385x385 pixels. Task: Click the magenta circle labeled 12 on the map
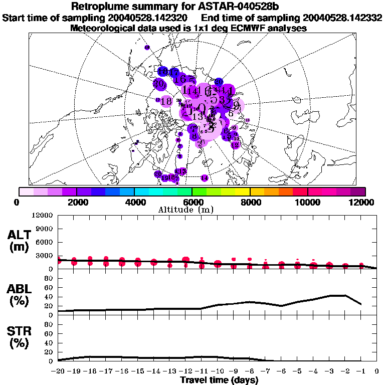(235, 144)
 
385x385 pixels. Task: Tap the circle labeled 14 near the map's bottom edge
(204, 178)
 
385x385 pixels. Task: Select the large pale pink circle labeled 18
(166, 101)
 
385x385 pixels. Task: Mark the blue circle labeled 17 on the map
(174, 73)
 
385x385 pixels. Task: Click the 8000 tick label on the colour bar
(250, 202)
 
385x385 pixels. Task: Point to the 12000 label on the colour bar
(362, 202)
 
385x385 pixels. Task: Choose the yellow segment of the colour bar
(243, 191)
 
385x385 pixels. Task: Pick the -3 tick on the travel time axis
(329, 371)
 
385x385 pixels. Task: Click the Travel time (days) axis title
(219, 380)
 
